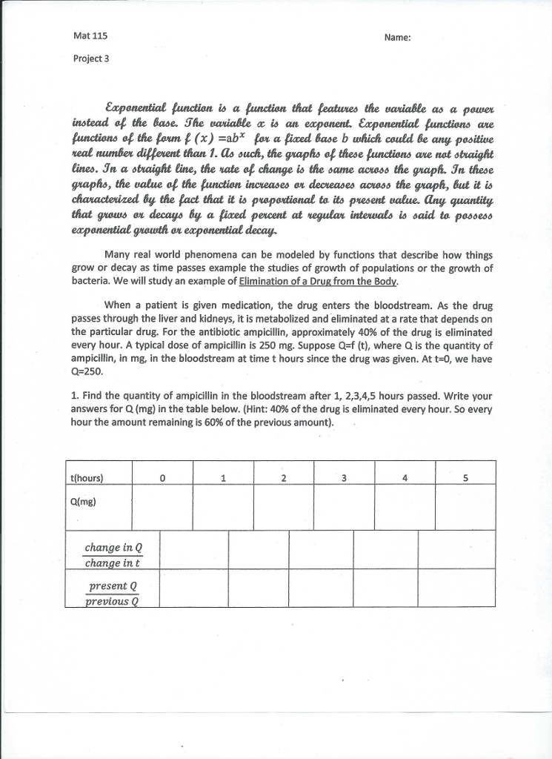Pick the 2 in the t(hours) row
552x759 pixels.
pos(283,477)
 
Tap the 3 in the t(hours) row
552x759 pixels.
pos(344,477)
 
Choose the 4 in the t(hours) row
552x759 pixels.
pos(405,477)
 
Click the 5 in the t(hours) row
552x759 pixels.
pos(465,477)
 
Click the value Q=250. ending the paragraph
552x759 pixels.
pos(87,371)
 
